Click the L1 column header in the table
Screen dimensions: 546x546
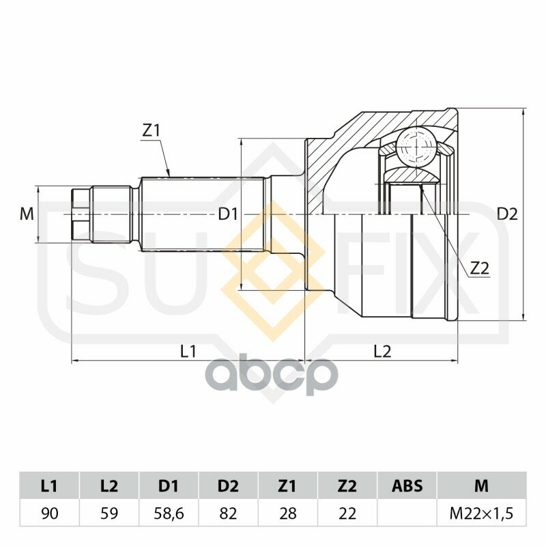pyautogui.click(x=49, y=486)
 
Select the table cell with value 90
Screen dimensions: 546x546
pyautogui.click(x=49, y=513)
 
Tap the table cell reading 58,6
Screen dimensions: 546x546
pyautogui.click(x=169, y=513)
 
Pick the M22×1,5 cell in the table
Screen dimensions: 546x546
pyautogui.click(x=482, y=513)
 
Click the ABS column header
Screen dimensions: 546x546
pyautogui.click(x=407, y=486)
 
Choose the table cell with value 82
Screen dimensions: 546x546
pyautogui.click(x=228, y=513)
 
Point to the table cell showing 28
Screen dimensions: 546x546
pyautogui.click(x=287, y=513)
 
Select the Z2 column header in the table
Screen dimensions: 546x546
pyautogui.click(x=347, y=486)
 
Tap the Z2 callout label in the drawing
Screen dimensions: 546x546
pyautogui.click(x=480, y=268)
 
